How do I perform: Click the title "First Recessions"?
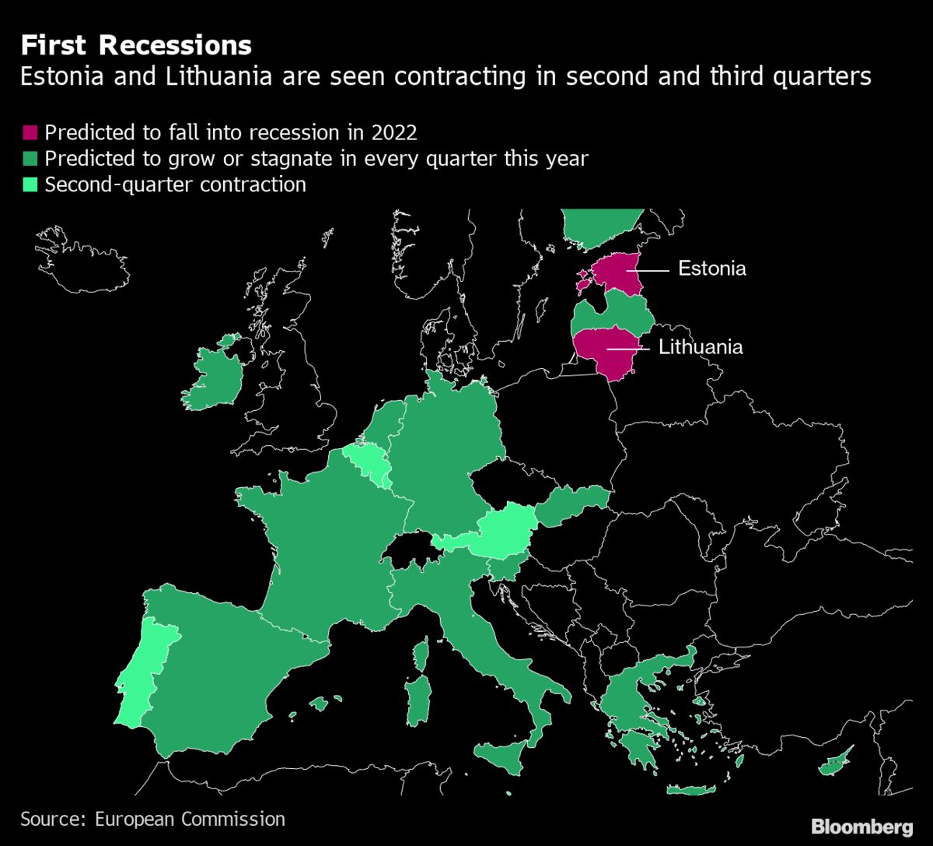point(136,46)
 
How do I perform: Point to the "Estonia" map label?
point(711,269)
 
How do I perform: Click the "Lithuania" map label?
point(701,347)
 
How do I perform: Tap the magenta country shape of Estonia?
point(619,272)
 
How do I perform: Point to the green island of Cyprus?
point(836,760)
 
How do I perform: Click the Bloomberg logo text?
point(862,827)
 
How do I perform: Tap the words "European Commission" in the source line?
point(190,819)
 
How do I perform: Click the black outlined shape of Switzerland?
point(411,549)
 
